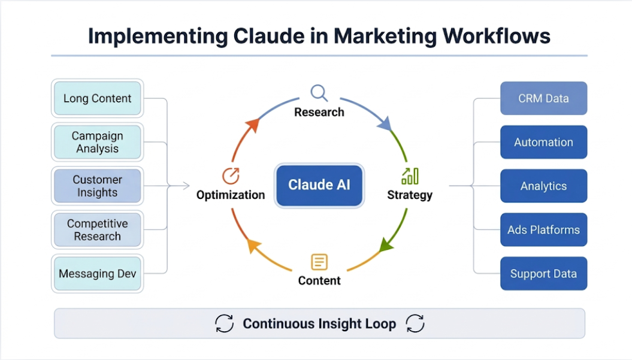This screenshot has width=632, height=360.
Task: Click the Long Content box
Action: point(97,99)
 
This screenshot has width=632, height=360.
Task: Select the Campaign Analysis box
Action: point(97,143)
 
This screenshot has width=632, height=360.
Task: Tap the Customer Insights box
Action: point(97,186)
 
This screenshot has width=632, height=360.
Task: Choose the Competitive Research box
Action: point(97,230)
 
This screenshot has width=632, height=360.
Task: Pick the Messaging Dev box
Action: point(97,274)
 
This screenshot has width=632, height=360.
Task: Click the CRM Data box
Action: point(543,99)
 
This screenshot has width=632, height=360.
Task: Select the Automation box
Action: point(543,143)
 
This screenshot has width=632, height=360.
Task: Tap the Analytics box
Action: point(543,186)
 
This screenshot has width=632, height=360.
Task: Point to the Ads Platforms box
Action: point(543,230)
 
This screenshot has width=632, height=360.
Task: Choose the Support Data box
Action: point(543,274)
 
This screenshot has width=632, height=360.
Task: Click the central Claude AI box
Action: point(319,185)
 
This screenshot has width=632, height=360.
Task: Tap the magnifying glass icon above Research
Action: point(319,93)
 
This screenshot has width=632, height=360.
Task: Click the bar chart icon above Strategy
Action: point(410,176)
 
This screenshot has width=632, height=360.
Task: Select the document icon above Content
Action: point(319,262)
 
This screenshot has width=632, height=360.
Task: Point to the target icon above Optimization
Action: point(231,176)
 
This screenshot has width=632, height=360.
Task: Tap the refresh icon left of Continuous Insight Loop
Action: point(224,324)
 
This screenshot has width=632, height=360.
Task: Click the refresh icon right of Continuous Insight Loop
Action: point(415,324)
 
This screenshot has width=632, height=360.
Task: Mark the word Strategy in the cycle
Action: point(410,195)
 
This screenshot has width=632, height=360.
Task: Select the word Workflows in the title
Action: point(497,36)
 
